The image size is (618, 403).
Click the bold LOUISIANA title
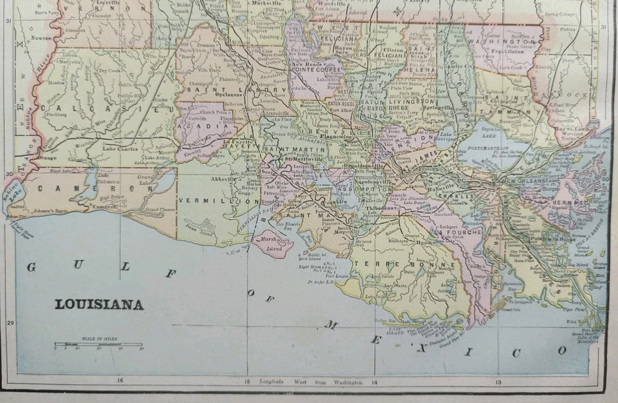(x=98, y=304)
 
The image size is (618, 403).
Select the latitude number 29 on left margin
(x=9, y=324)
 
